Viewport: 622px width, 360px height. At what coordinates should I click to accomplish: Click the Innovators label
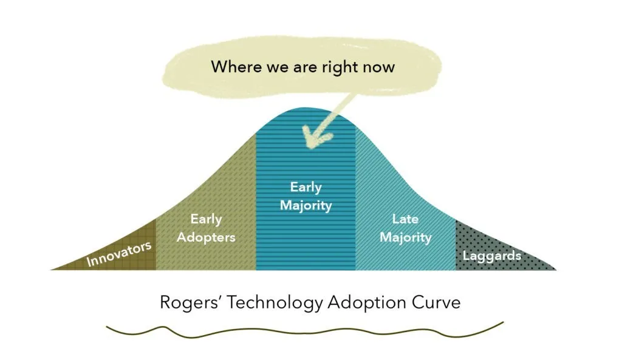click(x=118, y=254)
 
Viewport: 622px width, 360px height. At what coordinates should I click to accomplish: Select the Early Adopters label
click(x=206, y=228)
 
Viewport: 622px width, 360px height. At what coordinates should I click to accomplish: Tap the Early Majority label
click(x=306, y=196)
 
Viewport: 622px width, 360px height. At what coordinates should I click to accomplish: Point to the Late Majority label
click(x=405, y=228)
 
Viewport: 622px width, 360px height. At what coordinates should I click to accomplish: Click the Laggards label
click(x=492, y=256)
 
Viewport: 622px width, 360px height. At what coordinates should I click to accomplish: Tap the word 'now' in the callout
click(x=379, y=67)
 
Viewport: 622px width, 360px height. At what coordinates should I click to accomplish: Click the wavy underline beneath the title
click(x=304, y=331)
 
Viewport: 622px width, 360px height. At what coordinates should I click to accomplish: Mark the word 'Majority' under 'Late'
click(x=405, y=237)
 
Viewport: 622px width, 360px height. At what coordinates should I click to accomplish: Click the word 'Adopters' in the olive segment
click(x=206, y=237)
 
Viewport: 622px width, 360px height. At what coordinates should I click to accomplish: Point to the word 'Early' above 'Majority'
click(x=306, y=187)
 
